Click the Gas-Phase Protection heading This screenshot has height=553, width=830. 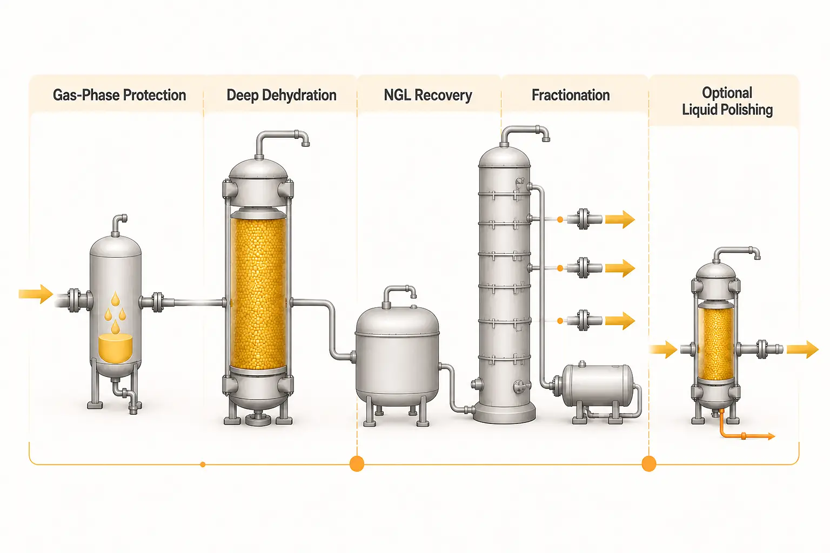[119, 95]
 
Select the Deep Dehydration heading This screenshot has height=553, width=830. [282, 95]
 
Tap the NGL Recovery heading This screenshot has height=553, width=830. [428, 95]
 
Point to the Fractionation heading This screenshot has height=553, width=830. [571, 95]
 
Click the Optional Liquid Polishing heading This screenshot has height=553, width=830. [727, 101]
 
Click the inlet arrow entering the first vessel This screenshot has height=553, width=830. [36, 294]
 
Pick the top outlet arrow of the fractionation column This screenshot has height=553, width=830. [620, 219]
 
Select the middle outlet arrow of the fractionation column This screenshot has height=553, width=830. [620, 268]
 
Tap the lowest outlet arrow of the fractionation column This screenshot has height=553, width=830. [620, 321]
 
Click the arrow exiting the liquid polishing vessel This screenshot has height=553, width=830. [802, 349]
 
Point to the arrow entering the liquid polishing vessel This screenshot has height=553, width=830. [663, 349]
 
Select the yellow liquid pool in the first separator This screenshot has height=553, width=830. [115, 348]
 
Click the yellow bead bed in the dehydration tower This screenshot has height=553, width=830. [258, 293]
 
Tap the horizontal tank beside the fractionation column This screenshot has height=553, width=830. [598, 385]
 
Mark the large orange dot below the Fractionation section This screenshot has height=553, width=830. [649, 464]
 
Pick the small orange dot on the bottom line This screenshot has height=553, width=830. [203, 464]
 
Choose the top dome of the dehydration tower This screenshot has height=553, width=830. [258, 168]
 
